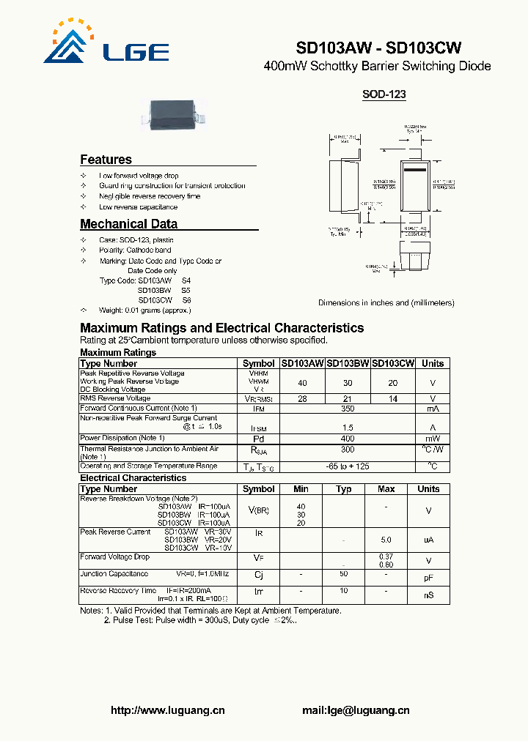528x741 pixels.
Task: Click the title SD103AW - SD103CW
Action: [378, 48]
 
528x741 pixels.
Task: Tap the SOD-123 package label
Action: [384, 94]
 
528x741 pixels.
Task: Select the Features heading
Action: [106, 160]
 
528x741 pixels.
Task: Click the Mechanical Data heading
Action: [128, 224]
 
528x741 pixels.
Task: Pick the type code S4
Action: [186, 280]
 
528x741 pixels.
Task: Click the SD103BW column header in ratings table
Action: [348, 363]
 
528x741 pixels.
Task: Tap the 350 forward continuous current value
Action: [347, 408]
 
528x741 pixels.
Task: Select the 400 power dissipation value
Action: [347, 438]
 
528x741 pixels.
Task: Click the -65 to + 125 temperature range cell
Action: [347, 466]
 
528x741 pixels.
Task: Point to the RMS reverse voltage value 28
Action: [302, 398]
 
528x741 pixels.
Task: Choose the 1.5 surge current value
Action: [347, 427]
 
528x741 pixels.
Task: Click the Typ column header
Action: [343, 488]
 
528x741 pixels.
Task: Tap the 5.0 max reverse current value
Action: [386, 540]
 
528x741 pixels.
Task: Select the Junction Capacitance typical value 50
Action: [343, 573]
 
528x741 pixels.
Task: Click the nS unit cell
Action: [428, 595]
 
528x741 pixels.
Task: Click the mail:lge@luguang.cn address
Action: [356, 710]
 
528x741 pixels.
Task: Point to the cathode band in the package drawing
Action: [414, 171]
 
